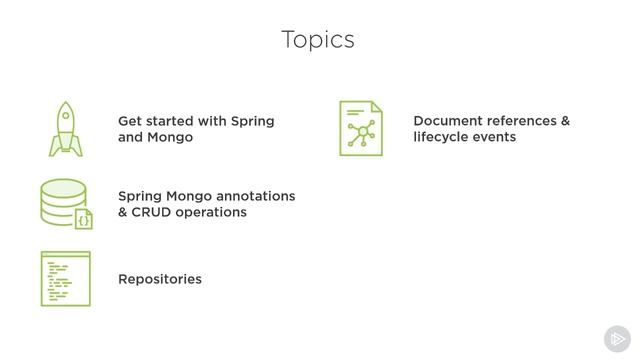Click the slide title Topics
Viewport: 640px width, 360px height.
coord(318,40)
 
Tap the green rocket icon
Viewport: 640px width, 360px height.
coord(66,129)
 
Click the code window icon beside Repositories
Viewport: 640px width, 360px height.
coord(66,279)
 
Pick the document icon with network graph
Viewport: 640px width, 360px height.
coord(360,128)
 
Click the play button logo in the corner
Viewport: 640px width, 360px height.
coord(617,338)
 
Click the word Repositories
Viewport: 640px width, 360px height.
coord(160,279)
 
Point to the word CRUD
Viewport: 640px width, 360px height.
coord(153,212)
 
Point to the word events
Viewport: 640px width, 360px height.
coord(497,137)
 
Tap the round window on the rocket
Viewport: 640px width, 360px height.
coord(66,119)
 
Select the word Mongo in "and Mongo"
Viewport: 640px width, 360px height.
coord(170,137)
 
